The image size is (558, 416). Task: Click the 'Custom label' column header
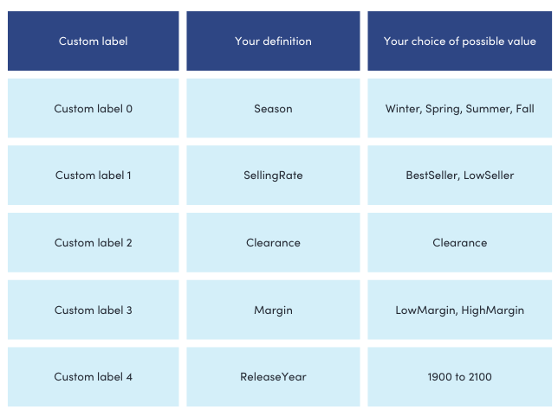pyautogui.click(x=94, y=42)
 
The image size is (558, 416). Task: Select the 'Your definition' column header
pyautogui.click(x=273, y=42)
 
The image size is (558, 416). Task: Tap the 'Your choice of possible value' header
pyautogui.click(x=459, y=42)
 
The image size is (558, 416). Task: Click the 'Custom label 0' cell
pyautogui.click(x=94, y=108)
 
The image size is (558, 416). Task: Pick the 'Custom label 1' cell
pyautogui.click(x=94, y=176)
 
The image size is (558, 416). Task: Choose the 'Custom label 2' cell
pyautogui.click(x=94, y=243)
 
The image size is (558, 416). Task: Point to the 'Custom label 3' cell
pyautogui.click(x=94, y=310)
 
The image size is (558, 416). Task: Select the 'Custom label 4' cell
pyautogui.click(x=94, y=376)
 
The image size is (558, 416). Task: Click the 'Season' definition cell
pyautogui.click(x=273, y=108)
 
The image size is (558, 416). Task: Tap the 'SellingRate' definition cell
pyautogui.click(x=273, y=176)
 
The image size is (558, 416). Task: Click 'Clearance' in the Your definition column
pyautogui.click(x=273, y=243)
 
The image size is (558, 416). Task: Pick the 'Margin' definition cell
pyautogui.click(x=273, y=310)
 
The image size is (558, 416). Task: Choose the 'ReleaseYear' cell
pyautogui.click(x=273, y=376)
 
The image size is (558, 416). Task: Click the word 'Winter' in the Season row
pyautogui.click(x=404, y=109)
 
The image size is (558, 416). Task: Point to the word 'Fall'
pyautogui.click(x=525, y=108)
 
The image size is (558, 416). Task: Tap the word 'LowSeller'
pyautogui.click(x=489, y=176)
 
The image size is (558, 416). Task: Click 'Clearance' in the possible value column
pyautogui.click(x=459, y=243)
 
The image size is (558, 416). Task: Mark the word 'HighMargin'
pyautogui.click(x=492, y=310)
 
